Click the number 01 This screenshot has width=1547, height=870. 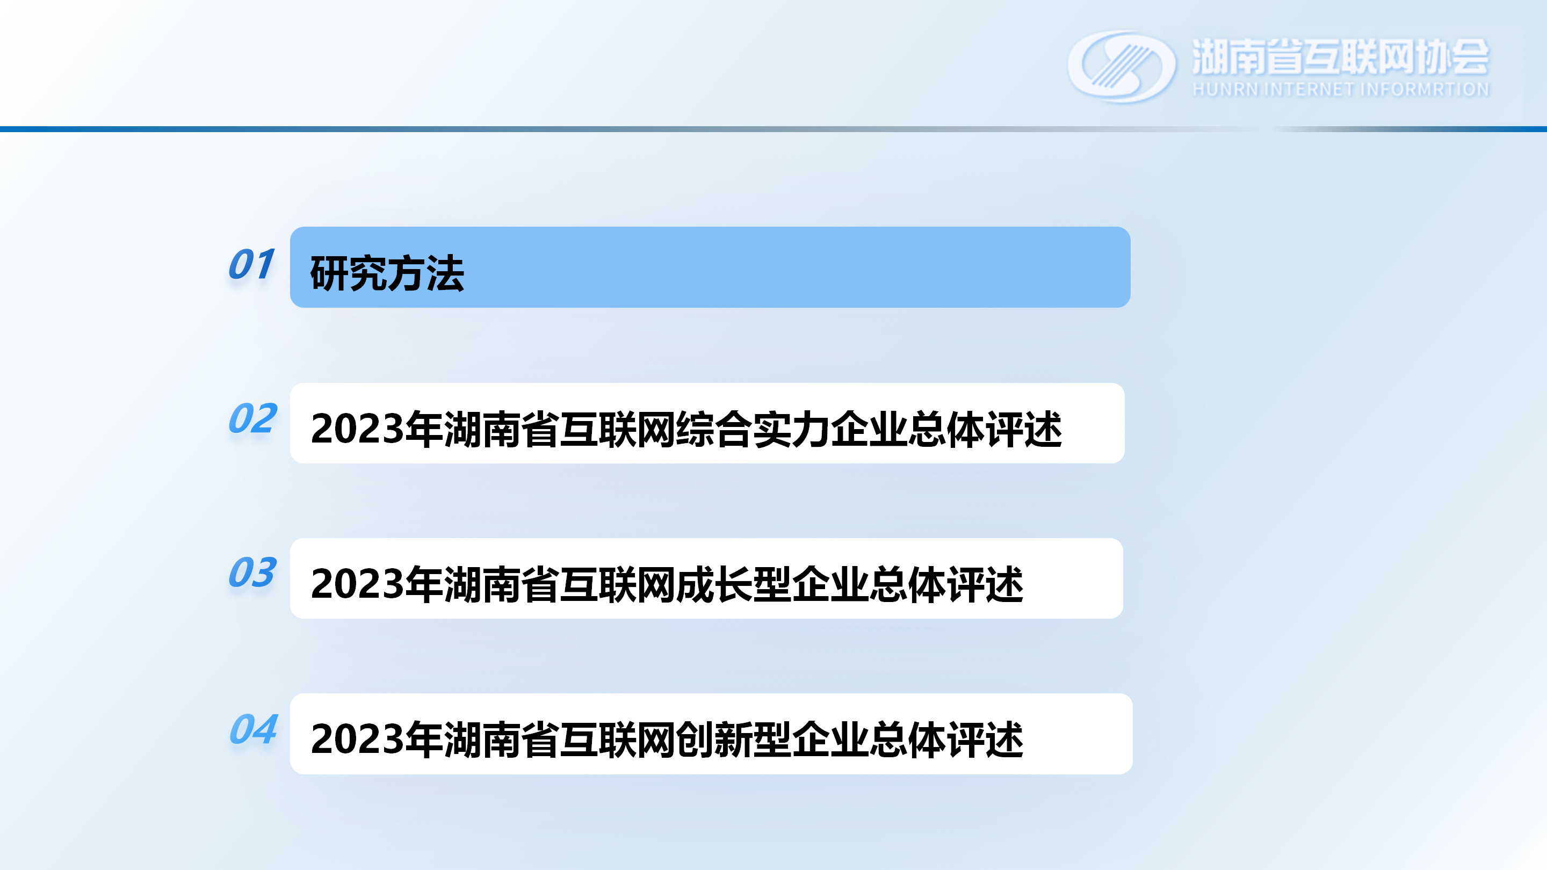(x=251, y=264)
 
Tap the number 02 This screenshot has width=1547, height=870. (x=252, y=418)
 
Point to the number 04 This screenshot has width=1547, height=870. (x=254, y=729)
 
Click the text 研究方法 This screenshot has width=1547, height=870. (x=387, y=274)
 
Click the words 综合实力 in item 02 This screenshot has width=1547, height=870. (x=753, y=429)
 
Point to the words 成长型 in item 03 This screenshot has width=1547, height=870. (x=734, y=584)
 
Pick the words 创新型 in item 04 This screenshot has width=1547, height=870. (x=734, y=739)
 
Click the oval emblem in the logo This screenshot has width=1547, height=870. (x=1121, y=67)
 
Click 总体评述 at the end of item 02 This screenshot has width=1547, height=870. (x=985, y=429)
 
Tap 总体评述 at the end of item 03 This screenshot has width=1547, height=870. (x=946, y=584)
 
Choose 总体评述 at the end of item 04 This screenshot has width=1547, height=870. (x=946, y=739)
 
